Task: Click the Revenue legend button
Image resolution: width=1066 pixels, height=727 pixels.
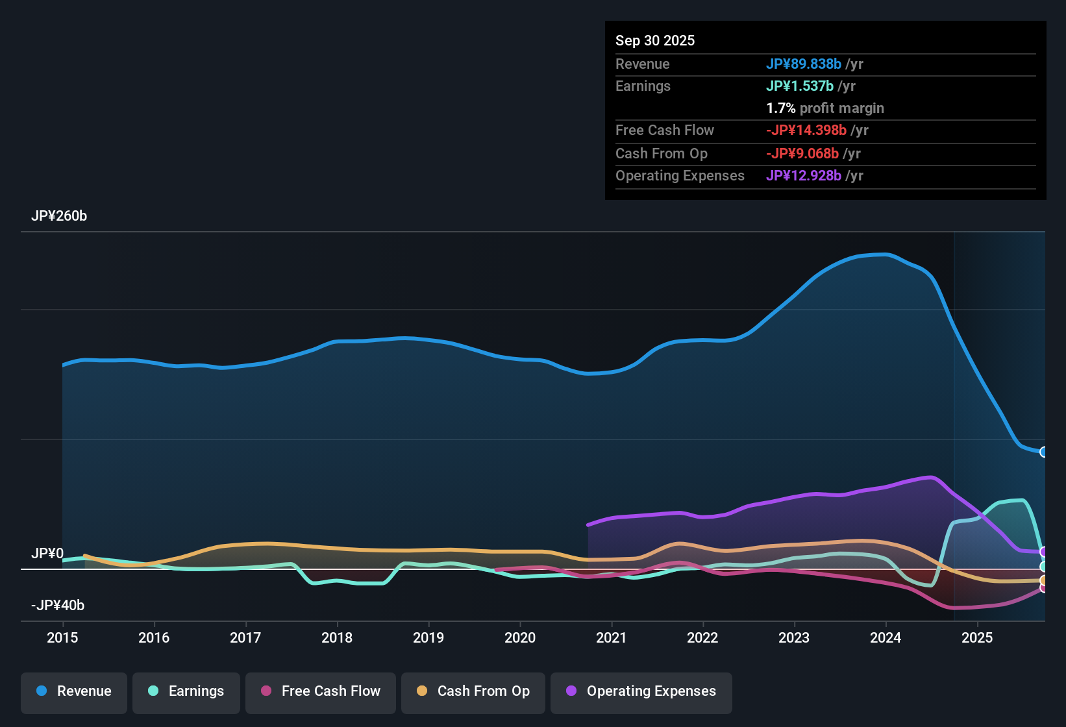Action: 74,691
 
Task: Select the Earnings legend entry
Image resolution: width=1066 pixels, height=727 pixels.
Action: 186,691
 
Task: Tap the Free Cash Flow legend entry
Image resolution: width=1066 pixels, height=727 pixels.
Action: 321,691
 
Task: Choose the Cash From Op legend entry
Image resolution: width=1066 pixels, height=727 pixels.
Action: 473,691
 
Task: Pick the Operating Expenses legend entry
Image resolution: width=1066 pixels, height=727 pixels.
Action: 641,691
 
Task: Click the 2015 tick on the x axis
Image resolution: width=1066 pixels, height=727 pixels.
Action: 62,638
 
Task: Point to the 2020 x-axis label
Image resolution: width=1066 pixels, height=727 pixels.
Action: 520,638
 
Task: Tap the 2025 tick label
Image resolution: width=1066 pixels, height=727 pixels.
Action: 977,638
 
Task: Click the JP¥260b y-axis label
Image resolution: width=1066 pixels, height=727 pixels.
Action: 59,216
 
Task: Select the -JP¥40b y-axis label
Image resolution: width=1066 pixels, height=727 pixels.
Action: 58,606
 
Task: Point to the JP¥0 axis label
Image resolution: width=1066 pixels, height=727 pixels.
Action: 47,554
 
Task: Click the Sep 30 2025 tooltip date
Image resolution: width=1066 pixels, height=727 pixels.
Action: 655,41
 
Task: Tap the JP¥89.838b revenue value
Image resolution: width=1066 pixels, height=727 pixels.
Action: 804,64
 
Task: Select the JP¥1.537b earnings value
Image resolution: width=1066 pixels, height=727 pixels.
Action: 800,86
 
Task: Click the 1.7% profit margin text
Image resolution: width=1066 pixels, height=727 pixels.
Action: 825,108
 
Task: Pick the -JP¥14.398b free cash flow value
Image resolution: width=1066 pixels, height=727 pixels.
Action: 806,130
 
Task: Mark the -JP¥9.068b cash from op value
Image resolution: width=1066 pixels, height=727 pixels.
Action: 802,154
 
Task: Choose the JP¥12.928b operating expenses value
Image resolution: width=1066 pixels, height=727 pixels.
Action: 804,176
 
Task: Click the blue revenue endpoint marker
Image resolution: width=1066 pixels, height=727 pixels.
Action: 1043,452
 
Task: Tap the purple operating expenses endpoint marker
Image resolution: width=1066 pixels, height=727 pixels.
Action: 1043,552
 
